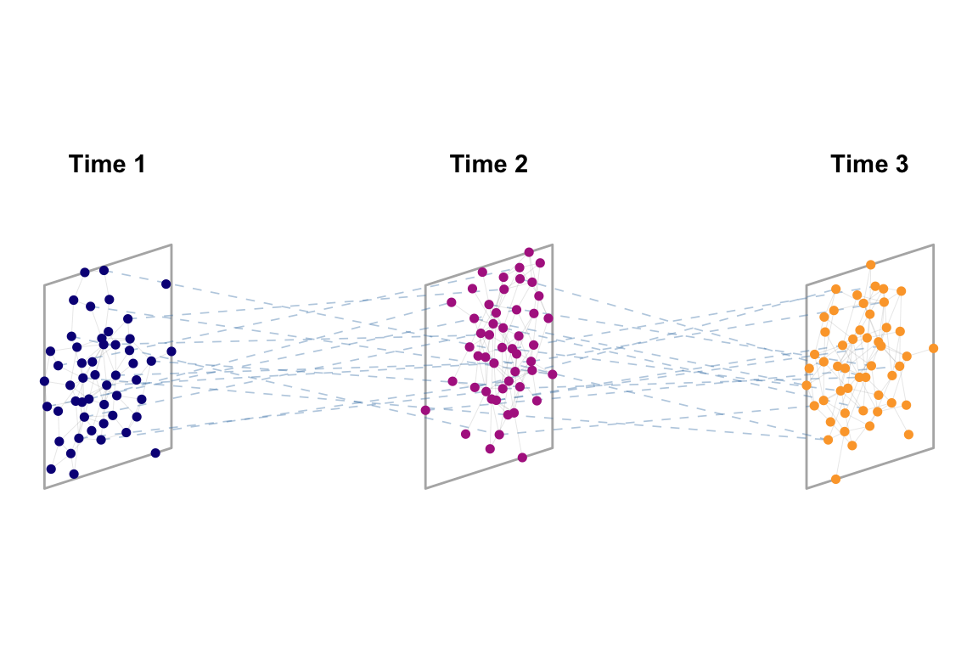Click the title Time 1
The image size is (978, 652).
[107, 164]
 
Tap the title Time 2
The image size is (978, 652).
[488, 164]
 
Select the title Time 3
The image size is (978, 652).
[869, 164]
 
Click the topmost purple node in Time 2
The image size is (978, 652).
[529, 252]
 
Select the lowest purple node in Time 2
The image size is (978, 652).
[522, 458]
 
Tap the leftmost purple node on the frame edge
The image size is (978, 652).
[425, 410]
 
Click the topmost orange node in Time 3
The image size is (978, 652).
[870, 265]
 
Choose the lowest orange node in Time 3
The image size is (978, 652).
[835, 479]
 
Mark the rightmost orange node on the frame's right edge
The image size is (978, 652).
[933, 348]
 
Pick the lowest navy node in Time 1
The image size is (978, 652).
[74, 474]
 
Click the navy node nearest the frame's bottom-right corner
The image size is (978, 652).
[155, 452]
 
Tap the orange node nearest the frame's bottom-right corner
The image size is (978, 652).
[908, 435]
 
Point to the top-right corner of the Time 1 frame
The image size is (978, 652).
[171, 244]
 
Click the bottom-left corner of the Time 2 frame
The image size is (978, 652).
[425, 488]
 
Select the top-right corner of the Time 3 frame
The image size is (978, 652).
[933, 244]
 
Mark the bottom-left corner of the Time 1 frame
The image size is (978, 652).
[44, 488]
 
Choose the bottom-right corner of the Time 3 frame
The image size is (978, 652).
[933, 447]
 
